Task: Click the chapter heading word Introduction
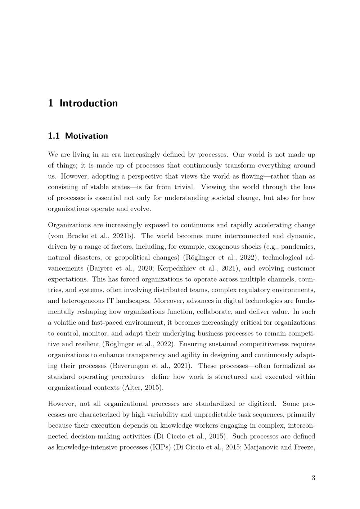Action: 89,103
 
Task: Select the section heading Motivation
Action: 86,136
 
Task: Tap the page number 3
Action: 313,478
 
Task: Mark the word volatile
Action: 65,323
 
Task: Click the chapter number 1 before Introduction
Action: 50,103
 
